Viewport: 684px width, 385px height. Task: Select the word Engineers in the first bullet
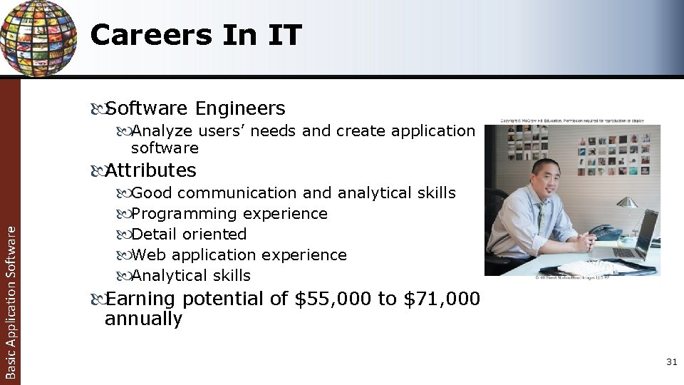pos(239,108)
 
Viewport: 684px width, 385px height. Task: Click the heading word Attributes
pos(150,170)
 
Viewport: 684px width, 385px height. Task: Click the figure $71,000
pos(442,299)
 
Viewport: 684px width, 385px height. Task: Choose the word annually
pos(143,319)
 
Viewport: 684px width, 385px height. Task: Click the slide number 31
pos(670,363)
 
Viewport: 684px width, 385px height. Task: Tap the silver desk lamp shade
pos(626,203)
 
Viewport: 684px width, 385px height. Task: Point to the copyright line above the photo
pos(572,120)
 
